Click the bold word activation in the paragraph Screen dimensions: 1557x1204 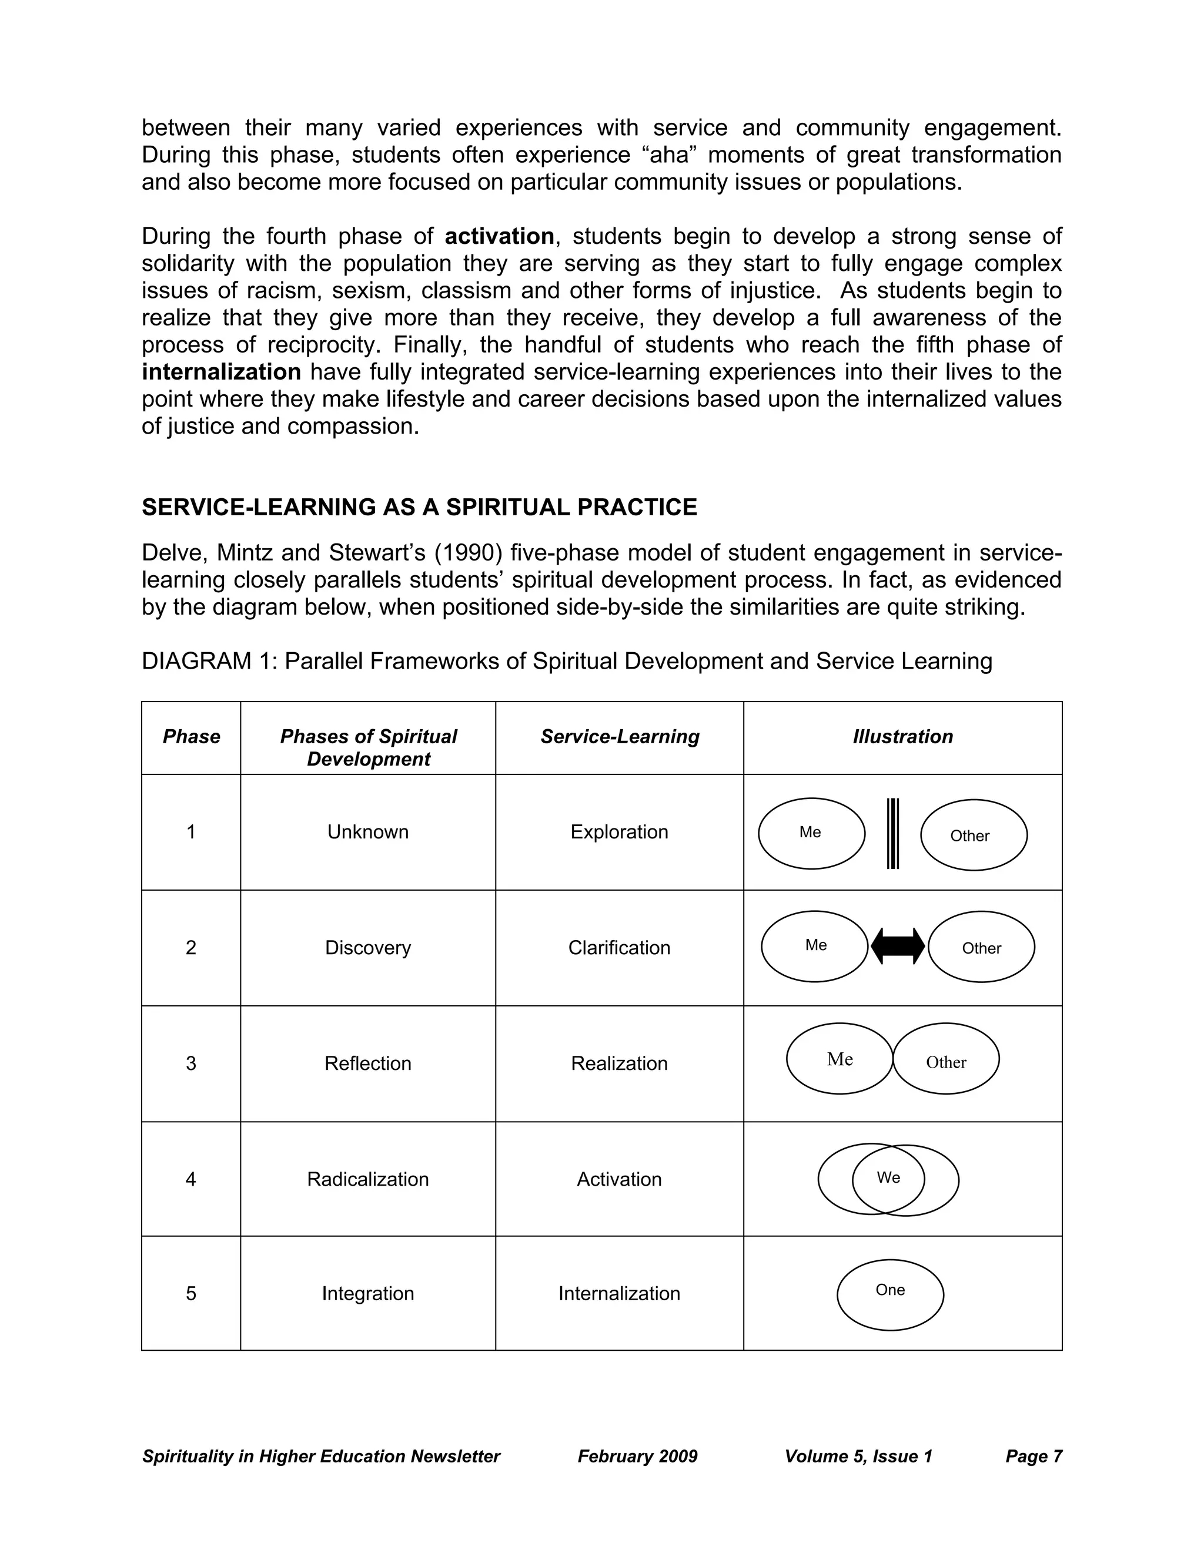tap(499, 236)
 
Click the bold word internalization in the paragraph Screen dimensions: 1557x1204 tap(221, 371)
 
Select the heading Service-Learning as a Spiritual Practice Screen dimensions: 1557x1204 tap(419, 507)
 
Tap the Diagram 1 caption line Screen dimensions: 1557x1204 tap(566, 661)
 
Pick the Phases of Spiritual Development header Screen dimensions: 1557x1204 tap(368, 747)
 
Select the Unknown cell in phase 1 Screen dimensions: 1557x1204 tap(368, 832)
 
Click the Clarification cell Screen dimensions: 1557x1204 tap(619, 948)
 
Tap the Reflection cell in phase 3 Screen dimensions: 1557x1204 tap(368, 1063)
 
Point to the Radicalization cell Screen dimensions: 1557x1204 tap(368, 1179)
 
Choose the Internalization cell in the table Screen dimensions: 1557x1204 tap(619, 1293)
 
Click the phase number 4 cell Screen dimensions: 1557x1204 tap(191, 1179)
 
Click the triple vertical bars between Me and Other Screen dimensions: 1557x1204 tap(892, 833)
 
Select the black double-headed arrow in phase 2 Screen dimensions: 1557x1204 tap(898, 946)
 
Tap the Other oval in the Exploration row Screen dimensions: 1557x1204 tap(974, 835)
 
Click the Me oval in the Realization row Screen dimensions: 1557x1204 tap(840, 1059)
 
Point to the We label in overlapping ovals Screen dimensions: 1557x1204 tap(888, 1177)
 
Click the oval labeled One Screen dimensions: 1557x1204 tap(889, 1294)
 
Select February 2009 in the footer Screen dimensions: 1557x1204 tap(637, 1456)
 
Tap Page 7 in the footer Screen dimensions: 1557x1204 tap(1034, 1456)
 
